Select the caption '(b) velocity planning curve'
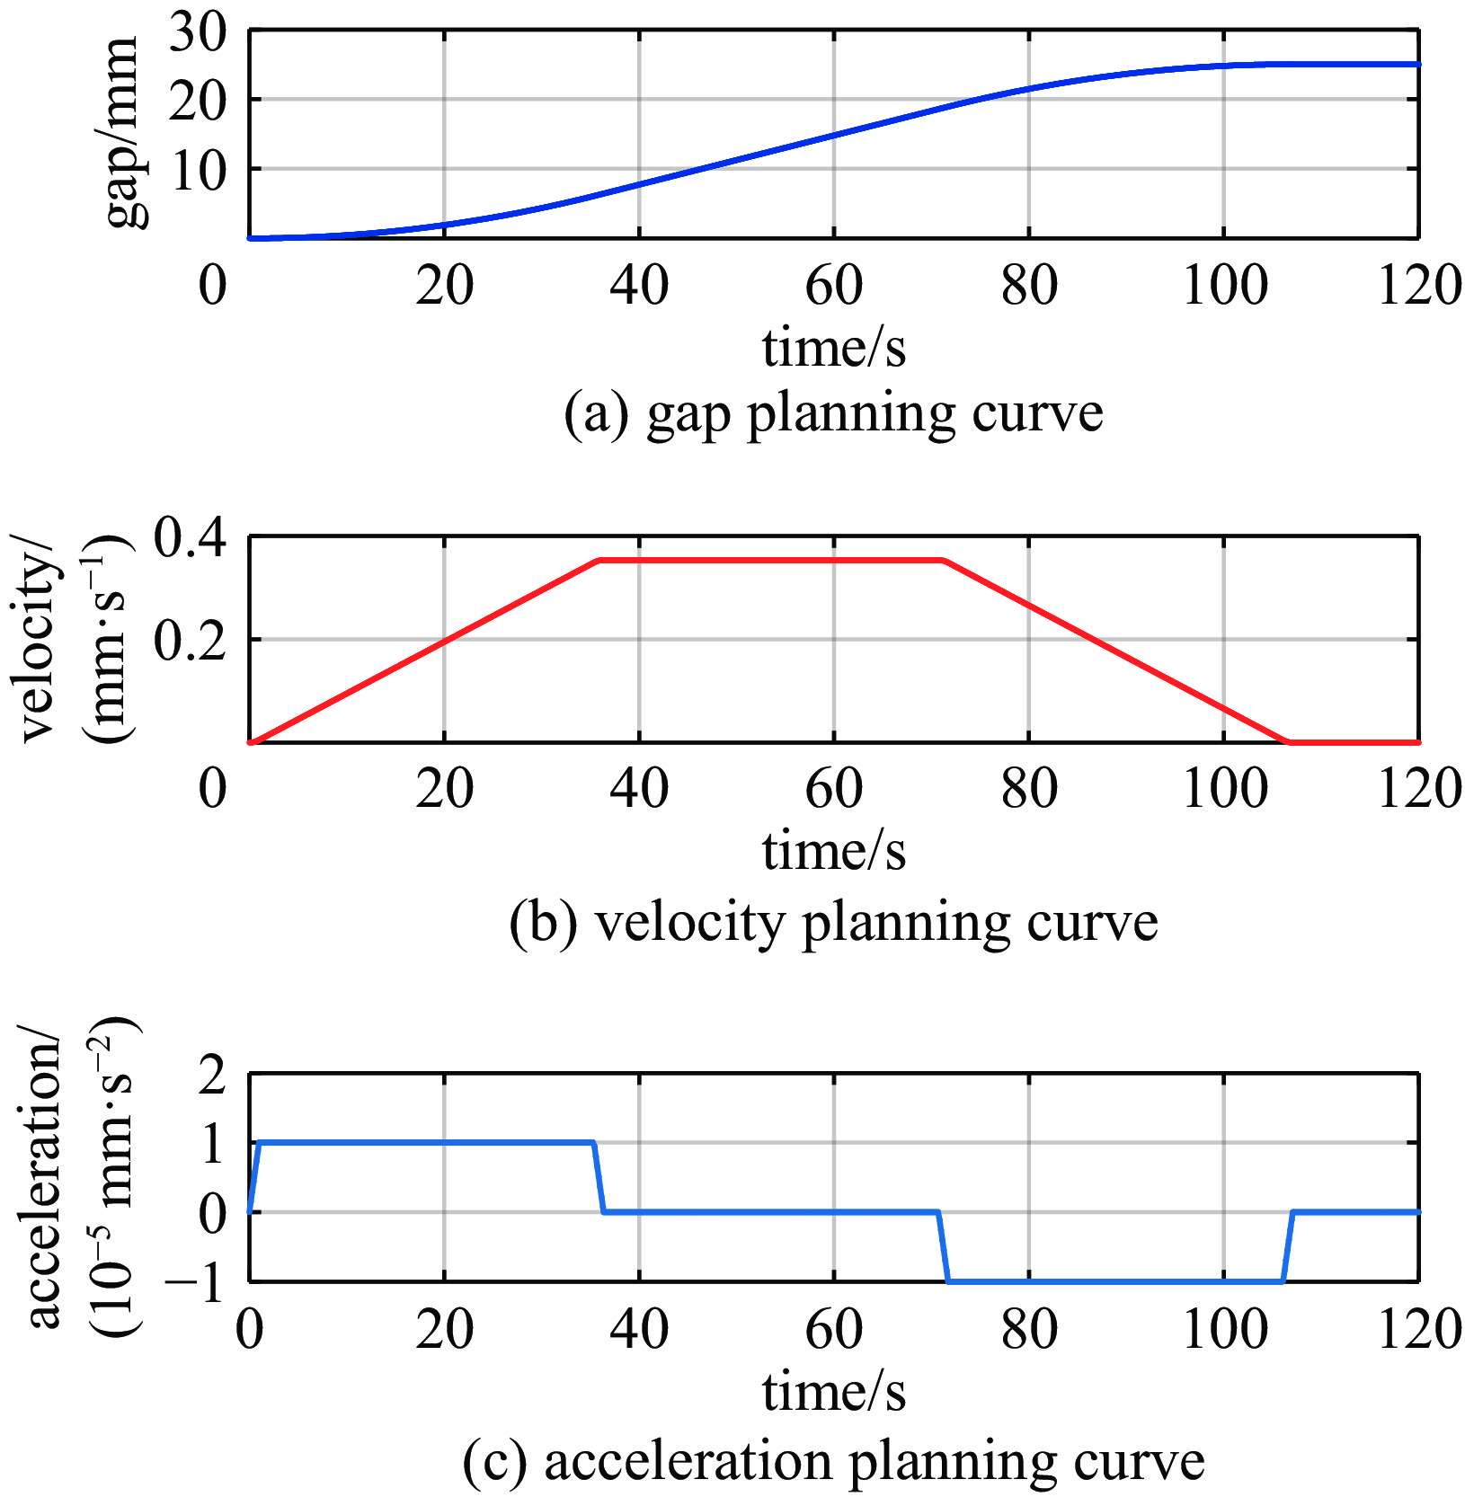pyautogui.click(x=833, y=922)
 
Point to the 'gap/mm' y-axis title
pyautogui.click(x=121, y=133)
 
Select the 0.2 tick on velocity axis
pyautogui.click(x=190, y=641)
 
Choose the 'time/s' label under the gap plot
pyautogui.click(x=833, y=348)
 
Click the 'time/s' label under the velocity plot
pyautogui.click(x=833, y=850)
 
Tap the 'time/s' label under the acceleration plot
pyautogui.click(x=833, y=1392)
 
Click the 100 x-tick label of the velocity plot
pyautogui.click(x=1224, y=789)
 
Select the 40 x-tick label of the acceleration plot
pyautogui.click(x=639, y=1330)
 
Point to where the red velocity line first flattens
pyautogui.click(x=599, y=560)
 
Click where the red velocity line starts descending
pyautogui.click(x=942, y=560)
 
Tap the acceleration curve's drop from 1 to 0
pyautogui.click(x=599, y=1177)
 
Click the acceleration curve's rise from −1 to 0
pyautogui.click(x=1287, y=1247)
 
